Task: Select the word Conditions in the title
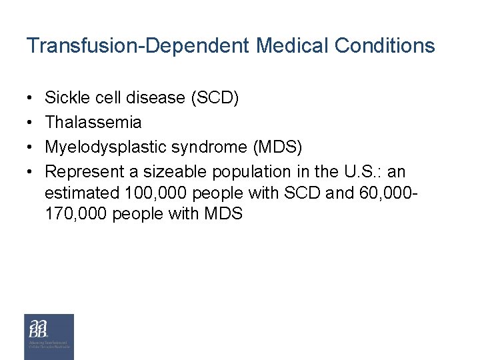point(385,46)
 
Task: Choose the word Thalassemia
point(93,123)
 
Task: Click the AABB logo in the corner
point(49,337)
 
